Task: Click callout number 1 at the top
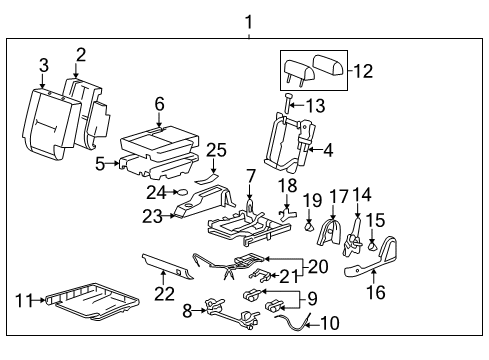click(249, 21)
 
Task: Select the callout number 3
click(43, 67)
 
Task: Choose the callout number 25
click(216, 150)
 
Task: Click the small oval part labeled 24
click(181, 190)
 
